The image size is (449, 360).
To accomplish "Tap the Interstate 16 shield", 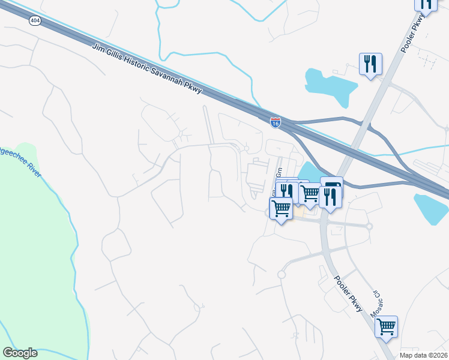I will (x=275, y=122).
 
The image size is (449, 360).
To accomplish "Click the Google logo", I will (x=20, y=353).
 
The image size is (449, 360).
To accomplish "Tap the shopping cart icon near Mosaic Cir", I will (x=387, y=327).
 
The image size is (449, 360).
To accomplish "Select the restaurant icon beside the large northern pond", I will (x=370, y=63).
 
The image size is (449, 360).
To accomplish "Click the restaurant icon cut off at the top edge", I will (x=426, y=3).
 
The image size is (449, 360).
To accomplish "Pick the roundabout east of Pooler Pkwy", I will (x=369, y=226).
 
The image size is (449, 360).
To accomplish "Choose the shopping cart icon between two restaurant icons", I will (x=309, y=193).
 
